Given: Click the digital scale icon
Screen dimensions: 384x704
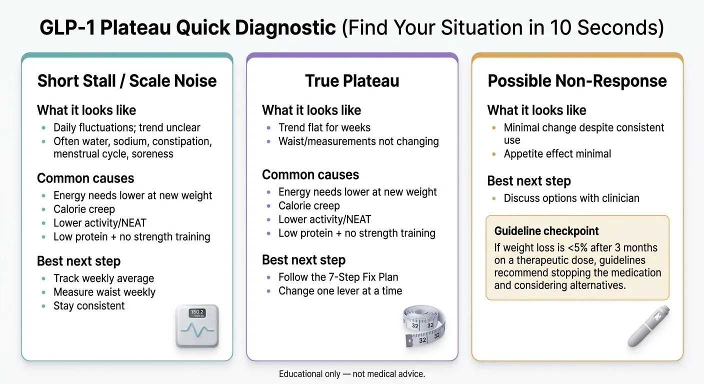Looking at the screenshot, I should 197,325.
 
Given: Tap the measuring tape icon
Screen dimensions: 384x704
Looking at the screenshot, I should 424,326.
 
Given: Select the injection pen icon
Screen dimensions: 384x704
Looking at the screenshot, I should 649,326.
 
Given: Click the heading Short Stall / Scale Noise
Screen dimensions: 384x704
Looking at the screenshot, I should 127,81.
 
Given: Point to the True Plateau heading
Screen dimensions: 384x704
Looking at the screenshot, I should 352,81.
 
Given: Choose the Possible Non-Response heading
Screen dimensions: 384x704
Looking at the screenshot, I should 577,81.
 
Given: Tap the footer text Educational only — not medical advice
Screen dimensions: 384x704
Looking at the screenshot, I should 352,373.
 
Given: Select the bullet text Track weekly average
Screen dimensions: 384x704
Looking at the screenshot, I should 103,278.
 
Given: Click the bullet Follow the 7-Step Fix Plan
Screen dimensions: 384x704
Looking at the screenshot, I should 338,277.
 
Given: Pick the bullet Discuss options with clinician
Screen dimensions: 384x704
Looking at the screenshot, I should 571,198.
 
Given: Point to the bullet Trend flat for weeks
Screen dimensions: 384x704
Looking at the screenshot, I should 324,127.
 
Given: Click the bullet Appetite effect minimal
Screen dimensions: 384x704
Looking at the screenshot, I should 557,154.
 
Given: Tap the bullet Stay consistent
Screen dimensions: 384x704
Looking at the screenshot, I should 89,306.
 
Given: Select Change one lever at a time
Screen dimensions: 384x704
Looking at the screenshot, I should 340,291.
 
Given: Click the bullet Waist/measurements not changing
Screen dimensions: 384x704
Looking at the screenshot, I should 358,141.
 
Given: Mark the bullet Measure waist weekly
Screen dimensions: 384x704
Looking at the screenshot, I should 104,292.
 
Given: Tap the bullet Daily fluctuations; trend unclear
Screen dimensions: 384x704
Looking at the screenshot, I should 126,127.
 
